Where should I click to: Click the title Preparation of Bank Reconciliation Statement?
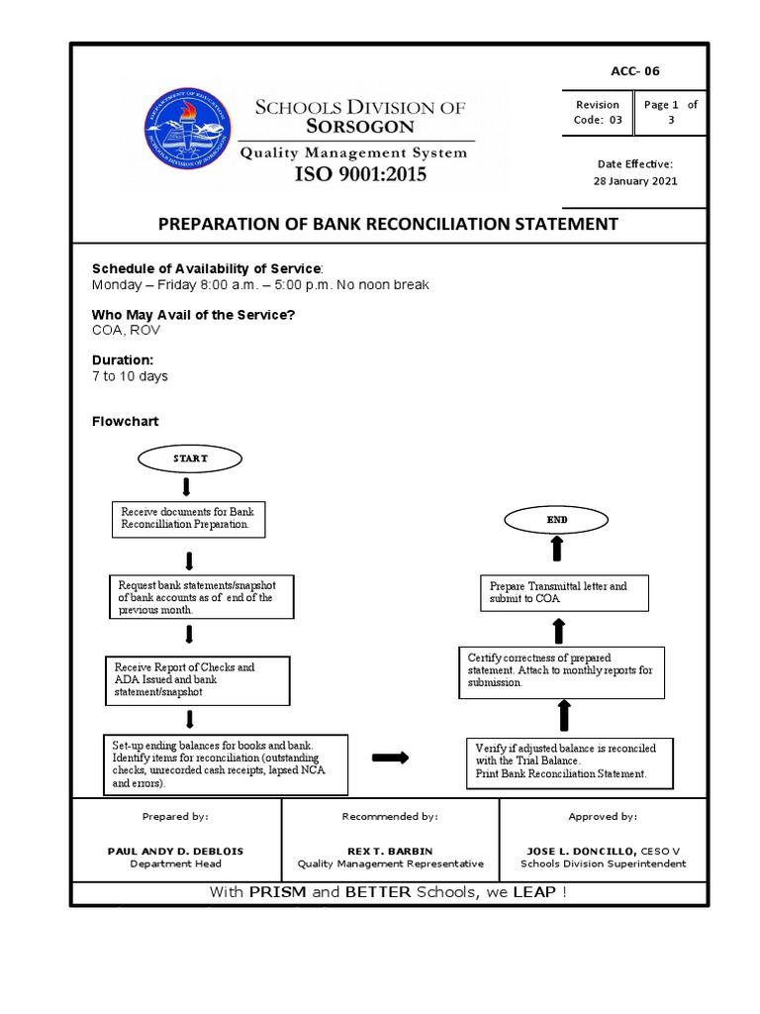click(388, 224)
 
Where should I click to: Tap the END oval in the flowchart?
click(556, 519)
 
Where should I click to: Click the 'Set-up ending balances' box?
click(227, 763)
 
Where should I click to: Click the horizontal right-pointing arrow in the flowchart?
click(390, 758)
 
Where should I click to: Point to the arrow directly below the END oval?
click(556, 548)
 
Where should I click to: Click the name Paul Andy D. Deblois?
click(175, 851)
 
